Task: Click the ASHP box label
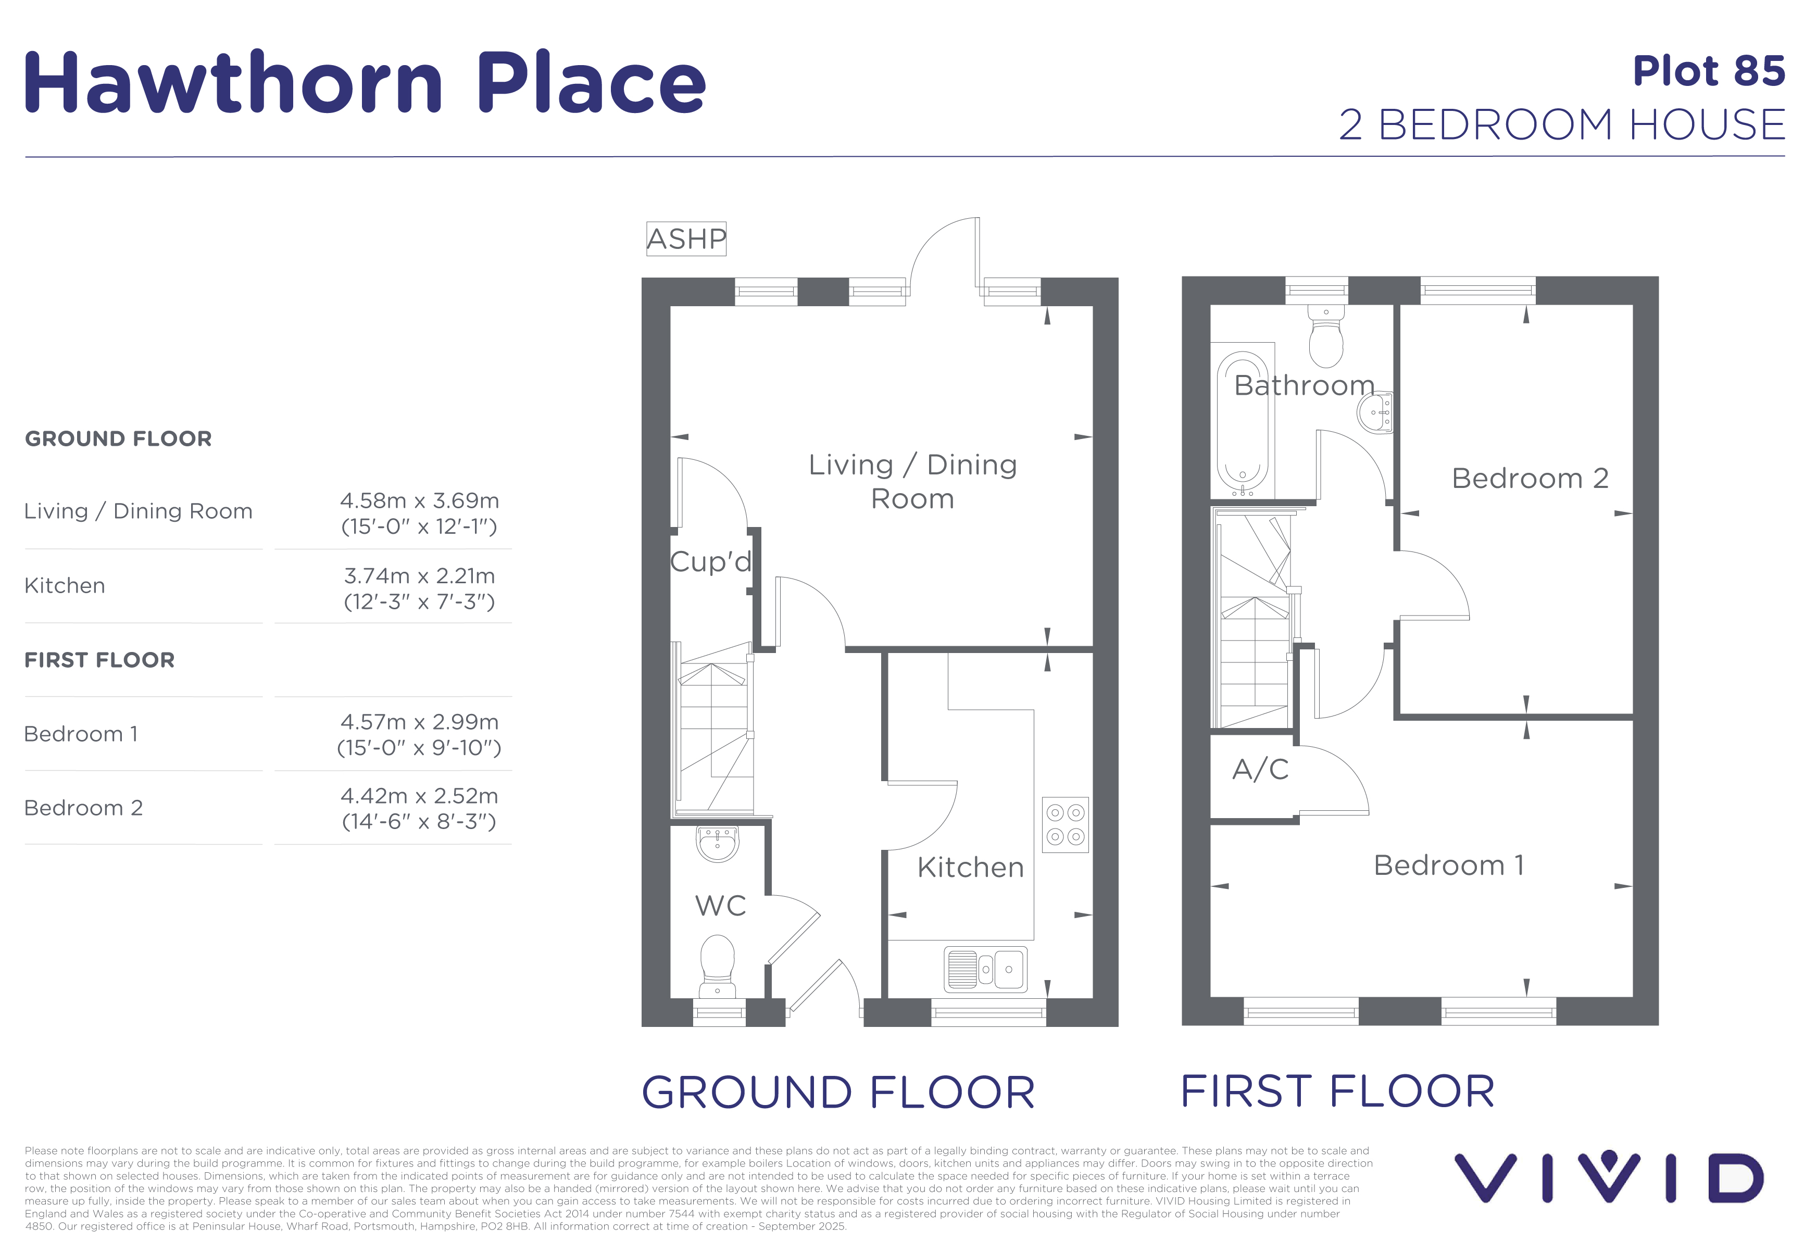coord(686,239)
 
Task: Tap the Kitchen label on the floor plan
coord(970,868)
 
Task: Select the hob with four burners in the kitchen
coord(1065,824)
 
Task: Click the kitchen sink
coord(985,969)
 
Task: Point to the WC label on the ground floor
coord(720,906)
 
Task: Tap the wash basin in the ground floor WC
coord(717,844)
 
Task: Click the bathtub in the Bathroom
coord(1243,423)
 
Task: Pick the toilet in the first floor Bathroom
coord(1326,335)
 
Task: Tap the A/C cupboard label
coord(1260,769)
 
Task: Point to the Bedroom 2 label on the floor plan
coord(1530,479)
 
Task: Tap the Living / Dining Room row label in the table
coord(139,511)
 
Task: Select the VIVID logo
coord(1608,1176)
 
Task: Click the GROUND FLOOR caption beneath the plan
coord(838,1092)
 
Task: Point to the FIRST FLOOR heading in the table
coord(99,660)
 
